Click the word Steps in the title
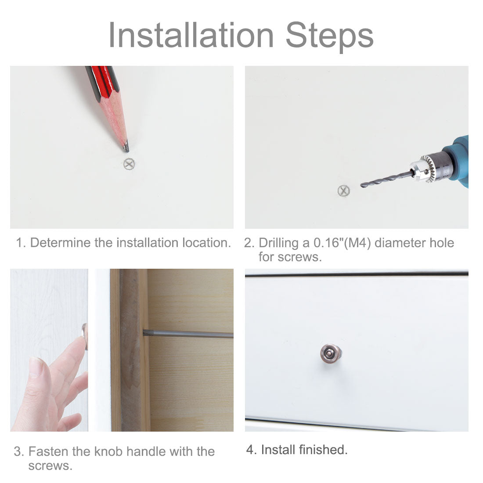tap(330, 37)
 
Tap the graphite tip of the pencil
tap(126, 147)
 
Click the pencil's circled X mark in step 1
tap(129, 164)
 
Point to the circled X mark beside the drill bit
tap(343, 191)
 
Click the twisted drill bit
tap(387, 180)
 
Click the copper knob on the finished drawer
tap(331, 353)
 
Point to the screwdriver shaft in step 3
tap(188, 333)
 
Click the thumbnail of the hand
tap(36, 366)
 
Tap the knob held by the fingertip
tap(85, 336)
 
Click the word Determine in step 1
tap(61, 243)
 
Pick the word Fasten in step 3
tap(49, 451)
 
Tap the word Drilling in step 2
tap(278, 243)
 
